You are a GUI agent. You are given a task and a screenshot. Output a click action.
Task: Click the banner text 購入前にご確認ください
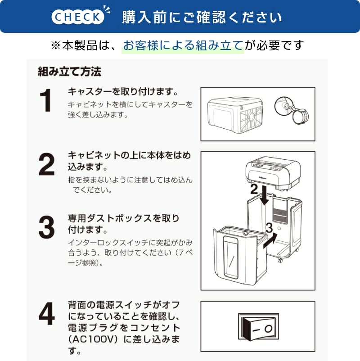(202, 17)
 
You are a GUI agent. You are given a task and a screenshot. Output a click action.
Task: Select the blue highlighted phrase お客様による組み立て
(183, 45)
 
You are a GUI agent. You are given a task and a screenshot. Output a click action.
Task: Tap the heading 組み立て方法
(69, 72)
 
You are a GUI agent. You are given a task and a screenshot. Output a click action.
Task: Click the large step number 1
(45, 101)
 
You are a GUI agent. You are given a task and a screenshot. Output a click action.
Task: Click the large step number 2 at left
(47, 164)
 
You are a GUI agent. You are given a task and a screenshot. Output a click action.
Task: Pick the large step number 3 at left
(47, 227)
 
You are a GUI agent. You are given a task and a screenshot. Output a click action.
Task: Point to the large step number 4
(47, 314)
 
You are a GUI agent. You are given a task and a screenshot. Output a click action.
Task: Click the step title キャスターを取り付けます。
(123, 92)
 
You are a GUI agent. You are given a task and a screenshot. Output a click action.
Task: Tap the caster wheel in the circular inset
(300, 116)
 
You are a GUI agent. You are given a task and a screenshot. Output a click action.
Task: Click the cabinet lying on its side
(235, 115)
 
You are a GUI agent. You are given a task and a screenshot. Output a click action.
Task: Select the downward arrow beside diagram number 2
(265, 195)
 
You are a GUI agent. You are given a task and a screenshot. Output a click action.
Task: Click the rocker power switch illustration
(258, 326)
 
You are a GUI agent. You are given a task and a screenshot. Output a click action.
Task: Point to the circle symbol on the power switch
(268, 329)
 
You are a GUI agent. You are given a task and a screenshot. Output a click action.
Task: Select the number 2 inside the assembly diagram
(254, 189)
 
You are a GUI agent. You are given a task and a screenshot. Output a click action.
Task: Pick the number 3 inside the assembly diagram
(269, 227)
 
